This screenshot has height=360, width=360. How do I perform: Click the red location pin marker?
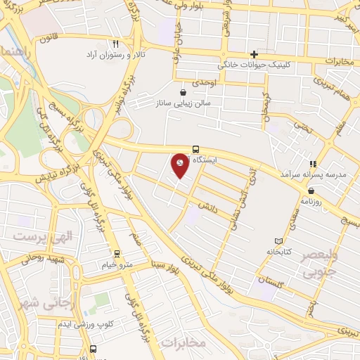(181, 165)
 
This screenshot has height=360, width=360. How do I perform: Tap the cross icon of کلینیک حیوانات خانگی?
(255, 54)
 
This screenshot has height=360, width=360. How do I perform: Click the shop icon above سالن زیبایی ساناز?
(183, 91)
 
